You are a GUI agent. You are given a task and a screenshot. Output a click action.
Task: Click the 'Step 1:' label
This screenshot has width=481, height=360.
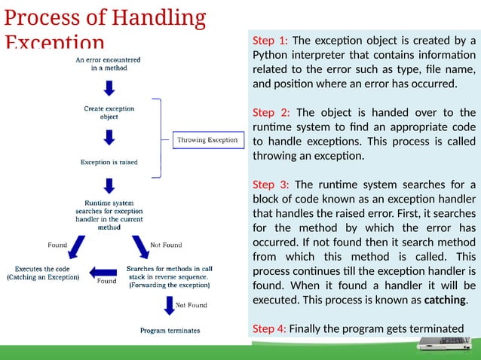270,41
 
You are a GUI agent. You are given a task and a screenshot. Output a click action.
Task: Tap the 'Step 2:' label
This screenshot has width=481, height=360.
270,113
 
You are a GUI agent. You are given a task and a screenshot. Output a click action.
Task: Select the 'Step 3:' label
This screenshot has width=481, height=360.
270,185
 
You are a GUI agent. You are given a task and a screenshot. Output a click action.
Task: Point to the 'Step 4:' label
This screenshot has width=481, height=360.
270,328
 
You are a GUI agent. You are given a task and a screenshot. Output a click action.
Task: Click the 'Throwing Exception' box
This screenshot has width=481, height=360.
207,140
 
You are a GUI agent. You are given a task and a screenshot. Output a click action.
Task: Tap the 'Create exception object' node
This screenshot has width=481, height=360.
109,112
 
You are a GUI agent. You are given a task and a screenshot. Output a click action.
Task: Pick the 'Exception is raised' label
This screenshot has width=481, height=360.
109,162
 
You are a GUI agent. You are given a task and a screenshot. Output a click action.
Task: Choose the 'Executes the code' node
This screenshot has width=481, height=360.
43,273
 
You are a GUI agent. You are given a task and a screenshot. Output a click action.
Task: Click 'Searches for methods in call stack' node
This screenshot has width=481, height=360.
169,277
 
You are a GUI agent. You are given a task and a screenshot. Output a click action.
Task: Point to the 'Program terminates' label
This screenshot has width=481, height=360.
170,331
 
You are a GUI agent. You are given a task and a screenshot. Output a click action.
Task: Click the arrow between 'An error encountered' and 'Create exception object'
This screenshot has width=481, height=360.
109,88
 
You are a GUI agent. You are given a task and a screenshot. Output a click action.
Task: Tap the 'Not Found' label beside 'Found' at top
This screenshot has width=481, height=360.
166,245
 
